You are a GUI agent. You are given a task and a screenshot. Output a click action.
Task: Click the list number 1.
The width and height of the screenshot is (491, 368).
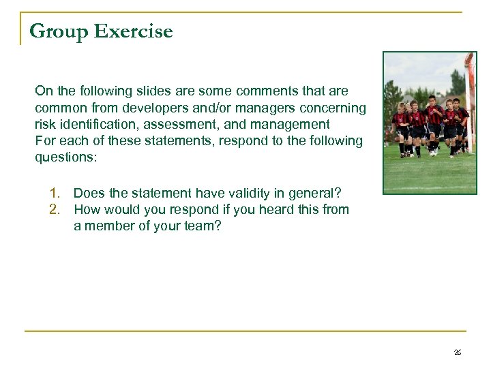54,193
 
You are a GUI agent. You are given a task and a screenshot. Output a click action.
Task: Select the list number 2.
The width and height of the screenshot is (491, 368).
54,209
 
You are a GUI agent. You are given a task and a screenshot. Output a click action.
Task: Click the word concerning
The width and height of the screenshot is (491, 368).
337,108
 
